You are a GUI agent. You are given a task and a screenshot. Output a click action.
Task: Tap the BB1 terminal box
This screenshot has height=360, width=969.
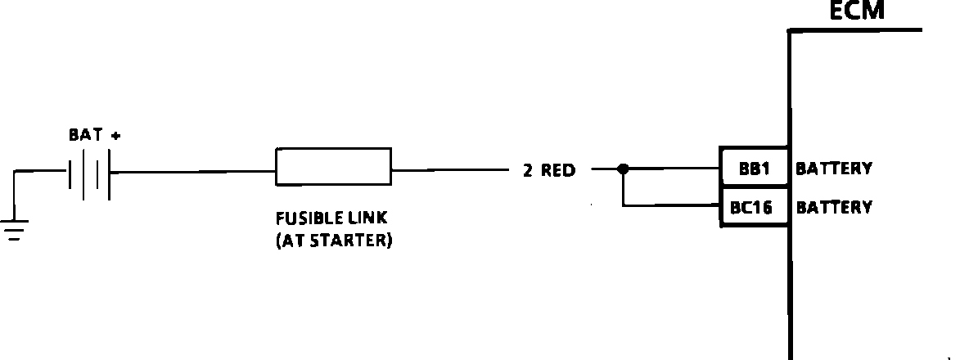pos(753,169)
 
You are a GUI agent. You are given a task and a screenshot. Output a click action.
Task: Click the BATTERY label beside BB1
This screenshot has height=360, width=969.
pos(834,169)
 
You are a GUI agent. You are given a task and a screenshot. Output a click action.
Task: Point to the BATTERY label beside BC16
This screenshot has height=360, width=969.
pos(834,207)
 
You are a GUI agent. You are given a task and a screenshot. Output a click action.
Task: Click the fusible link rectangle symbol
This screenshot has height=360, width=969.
pos(333,167)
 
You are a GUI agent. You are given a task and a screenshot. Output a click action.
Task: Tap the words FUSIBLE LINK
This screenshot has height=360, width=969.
pos(331,219)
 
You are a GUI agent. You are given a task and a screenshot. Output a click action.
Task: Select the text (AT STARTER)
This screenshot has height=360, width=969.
pos(333,241)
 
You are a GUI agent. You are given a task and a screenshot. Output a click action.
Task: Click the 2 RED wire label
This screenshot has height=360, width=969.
pos(549,171)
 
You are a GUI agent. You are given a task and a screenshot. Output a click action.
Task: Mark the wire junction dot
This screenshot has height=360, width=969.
pos(623,169)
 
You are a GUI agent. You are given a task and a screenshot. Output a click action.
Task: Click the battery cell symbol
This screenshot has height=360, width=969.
pos(89,173)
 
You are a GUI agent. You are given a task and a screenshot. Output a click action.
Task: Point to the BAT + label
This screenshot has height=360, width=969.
pos(94,136)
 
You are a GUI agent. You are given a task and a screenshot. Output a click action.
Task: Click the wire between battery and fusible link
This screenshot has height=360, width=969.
pos(192,172)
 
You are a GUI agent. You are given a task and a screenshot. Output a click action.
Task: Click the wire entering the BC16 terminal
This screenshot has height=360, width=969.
pos(671,205)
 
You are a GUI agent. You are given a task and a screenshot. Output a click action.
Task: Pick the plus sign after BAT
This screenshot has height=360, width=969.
pos(115,137)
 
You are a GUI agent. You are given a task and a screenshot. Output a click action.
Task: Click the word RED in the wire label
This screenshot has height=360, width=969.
pos(559,171)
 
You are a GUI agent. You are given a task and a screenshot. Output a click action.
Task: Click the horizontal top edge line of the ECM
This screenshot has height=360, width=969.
pos(855,31)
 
